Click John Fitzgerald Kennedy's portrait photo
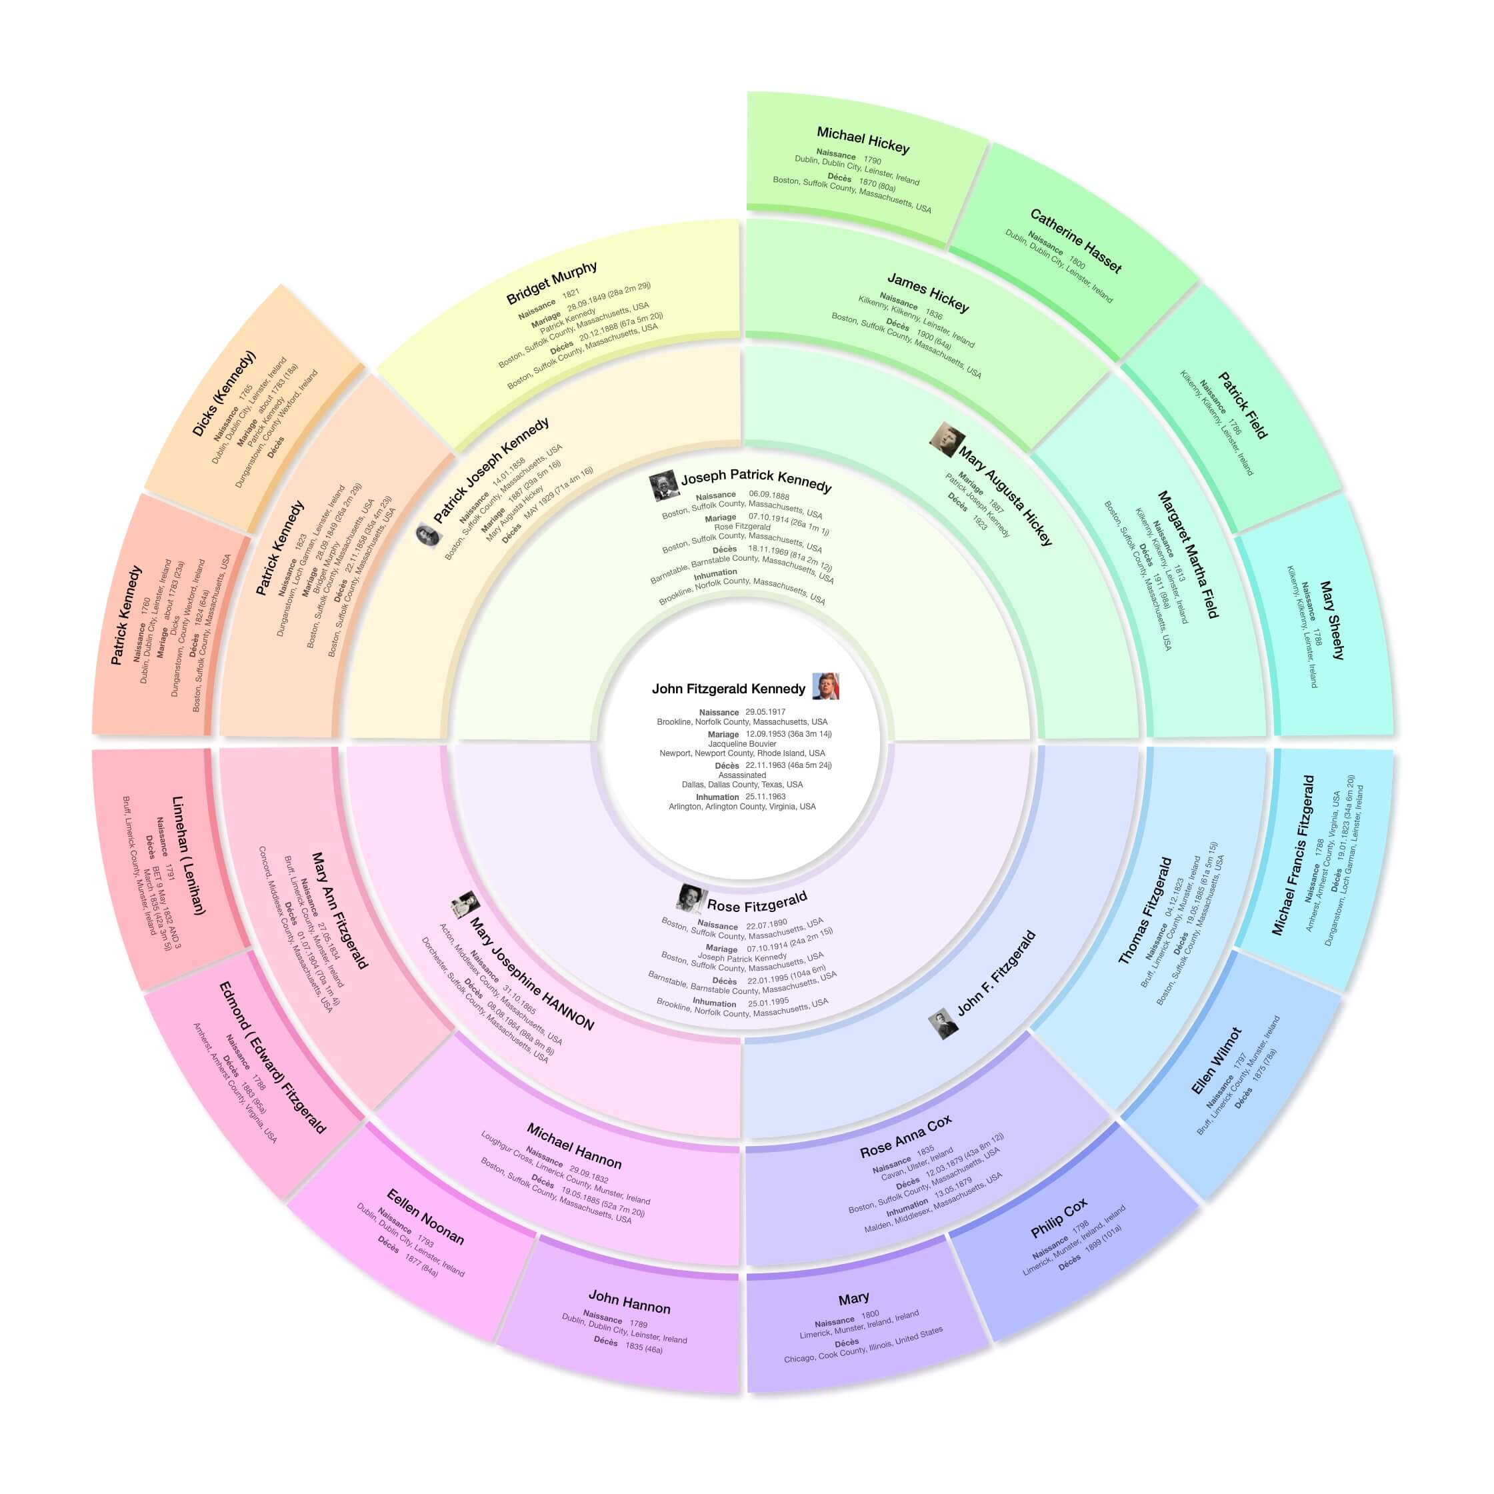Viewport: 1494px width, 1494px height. coord(825,686)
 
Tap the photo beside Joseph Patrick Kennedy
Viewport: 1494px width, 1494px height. coord(663,487)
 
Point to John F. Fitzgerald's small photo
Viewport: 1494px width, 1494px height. coord(943,1024)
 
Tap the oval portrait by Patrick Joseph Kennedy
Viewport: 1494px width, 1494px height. coord(426,533)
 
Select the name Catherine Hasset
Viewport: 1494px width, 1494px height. coord(1075,241)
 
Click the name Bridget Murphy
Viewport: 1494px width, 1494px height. coord(551,283)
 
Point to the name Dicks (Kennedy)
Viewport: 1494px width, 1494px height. coord(223,393)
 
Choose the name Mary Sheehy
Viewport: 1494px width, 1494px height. coord(1331,619)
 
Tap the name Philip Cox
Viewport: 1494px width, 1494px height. coord(1059,1218)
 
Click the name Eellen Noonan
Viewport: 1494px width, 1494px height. coord(425,1217)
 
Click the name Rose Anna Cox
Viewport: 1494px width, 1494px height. coord(905,1136)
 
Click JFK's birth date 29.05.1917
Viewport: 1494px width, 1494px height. coord(765,712)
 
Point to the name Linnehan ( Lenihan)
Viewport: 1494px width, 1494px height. coord(187,855)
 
